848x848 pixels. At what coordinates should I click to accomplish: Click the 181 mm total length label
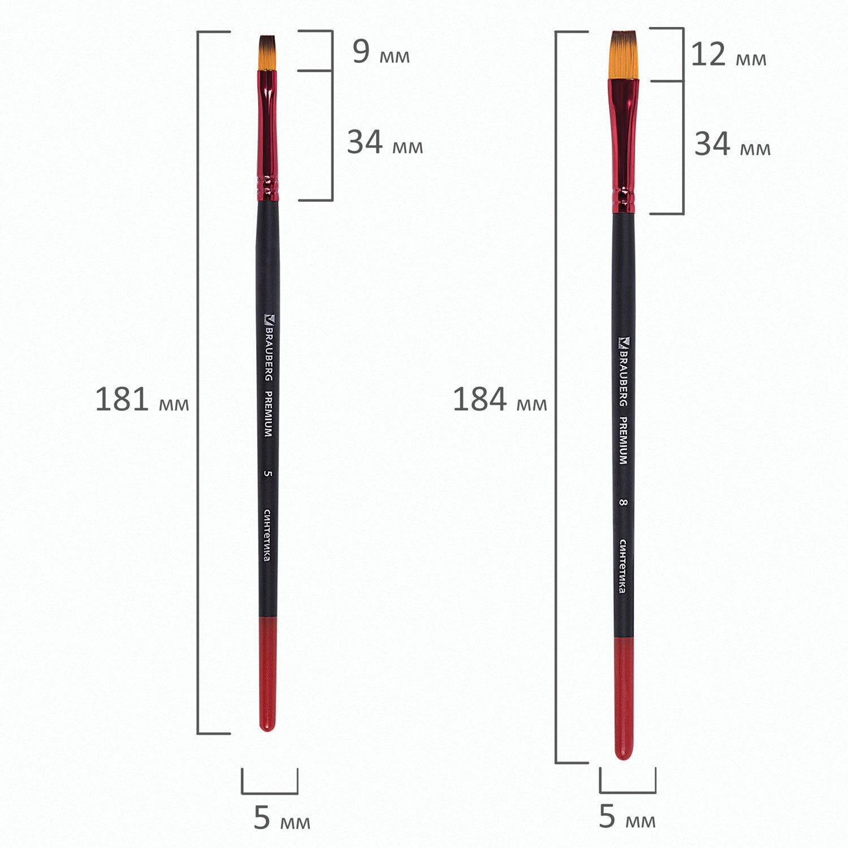point(142,400)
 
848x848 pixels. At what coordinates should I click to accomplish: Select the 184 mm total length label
point(500,400)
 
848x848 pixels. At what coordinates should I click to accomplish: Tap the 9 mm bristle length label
point(381,52)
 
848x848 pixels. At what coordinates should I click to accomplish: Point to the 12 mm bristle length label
point(729,55)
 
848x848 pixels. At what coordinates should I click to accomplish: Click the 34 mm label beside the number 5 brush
point(385,142)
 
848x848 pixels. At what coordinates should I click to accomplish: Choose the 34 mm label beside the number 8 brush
point(733,145)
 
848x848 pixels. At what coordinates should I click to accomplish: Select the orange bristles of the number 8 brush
point(624,55)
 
